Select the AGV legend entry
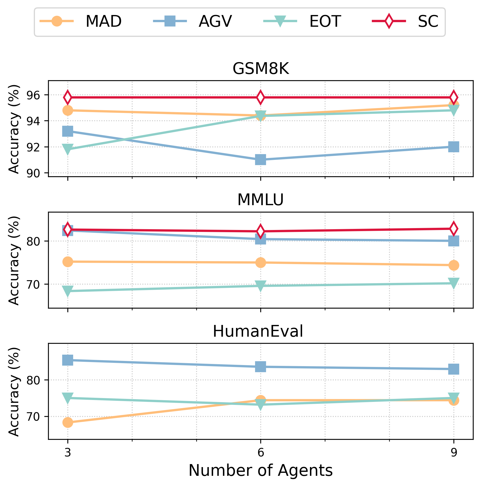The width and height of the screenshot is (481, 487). (x=215, y=22)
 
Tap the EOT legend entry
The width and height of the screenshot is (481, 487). (x=325, y=22)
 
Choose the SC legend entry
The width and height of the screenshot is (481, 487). (x=428, y=22)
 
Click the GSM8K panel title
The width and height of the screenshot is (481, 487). (x=261, y=69)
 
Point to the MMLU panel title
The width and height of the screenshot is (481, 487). (x=261, y=200)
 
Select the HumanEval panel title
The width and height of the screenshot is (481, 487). (x=258, y=331)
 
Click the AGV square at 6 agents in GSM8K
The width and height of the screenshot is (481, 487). (x=261, y=160)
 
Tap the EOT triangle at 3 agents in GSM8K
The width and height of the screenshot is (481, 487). (x=68, y=149)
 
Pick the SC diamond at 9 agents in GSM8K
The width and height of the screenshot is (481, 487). (x=453, y=97)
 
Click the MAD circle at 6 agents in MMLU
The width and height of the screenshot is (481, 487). (x=261, y=262)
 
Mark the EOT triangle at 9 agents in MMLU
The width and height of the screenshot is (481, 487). (x=453, y=283)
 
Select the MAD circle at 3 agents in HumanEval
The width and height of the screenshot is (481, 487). (x=68, y=422)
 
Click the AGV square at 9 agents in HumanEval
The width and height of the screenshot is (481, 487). (x=453, y=369)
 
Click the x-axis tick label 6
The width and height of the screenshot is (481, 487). (x=261, y=453)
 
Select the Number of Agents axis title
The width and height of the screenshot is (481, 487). (x=261, y=471)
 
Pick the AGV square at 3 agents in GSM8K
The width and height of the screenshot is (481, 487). (x=68, y=131)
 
